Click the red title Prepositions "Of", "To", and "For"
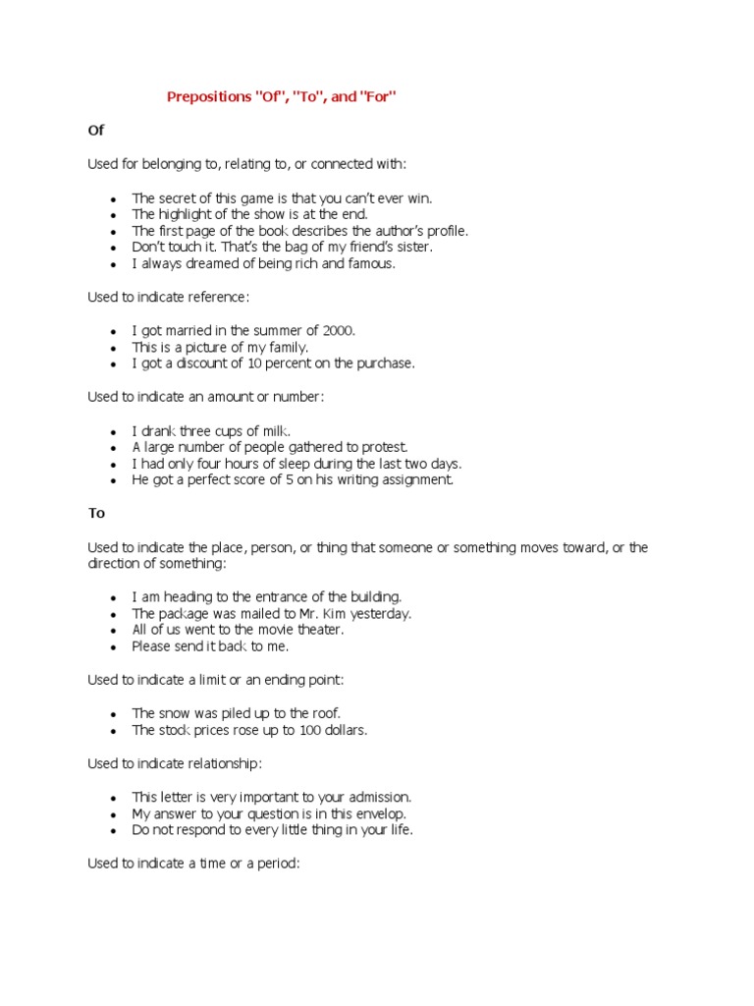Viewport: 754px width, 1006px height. click(x=284, y=96)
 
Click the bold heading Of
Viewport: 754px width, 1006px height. click(x=95, y=130)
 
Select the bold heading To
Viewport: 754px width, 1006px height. click(x=96, y=513)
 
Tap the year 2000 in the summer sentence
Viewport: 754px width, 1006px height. click(x=337, y=330)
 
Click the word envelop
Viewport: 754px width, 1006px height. click(x=378, y=813)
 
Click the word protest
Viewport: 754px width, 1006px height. click(x=387, y=447)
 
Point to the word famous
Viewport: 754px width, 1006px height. click(x=371, y=264)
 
